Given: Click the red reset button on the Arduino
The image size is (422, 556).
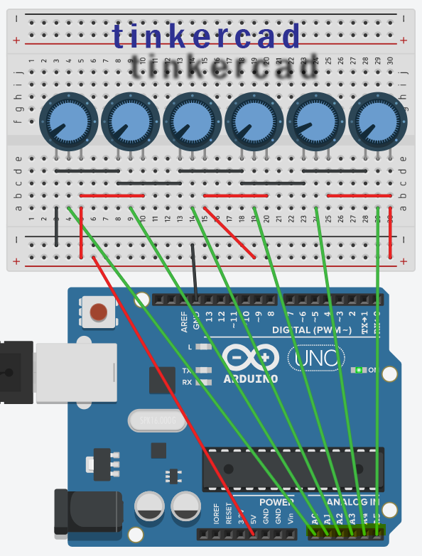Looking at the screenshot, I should (100, 312).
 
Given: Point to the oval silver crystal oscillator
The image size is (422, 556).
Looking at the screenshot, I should (158, 422).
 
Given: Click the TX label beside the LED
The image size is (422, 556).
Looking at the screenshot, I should (188, 371).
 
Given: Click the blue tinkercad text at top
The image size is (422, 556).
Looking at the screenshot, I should (206, 36).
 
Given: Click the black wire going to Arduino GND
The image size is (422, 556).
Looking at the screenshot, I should (194, 270).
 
